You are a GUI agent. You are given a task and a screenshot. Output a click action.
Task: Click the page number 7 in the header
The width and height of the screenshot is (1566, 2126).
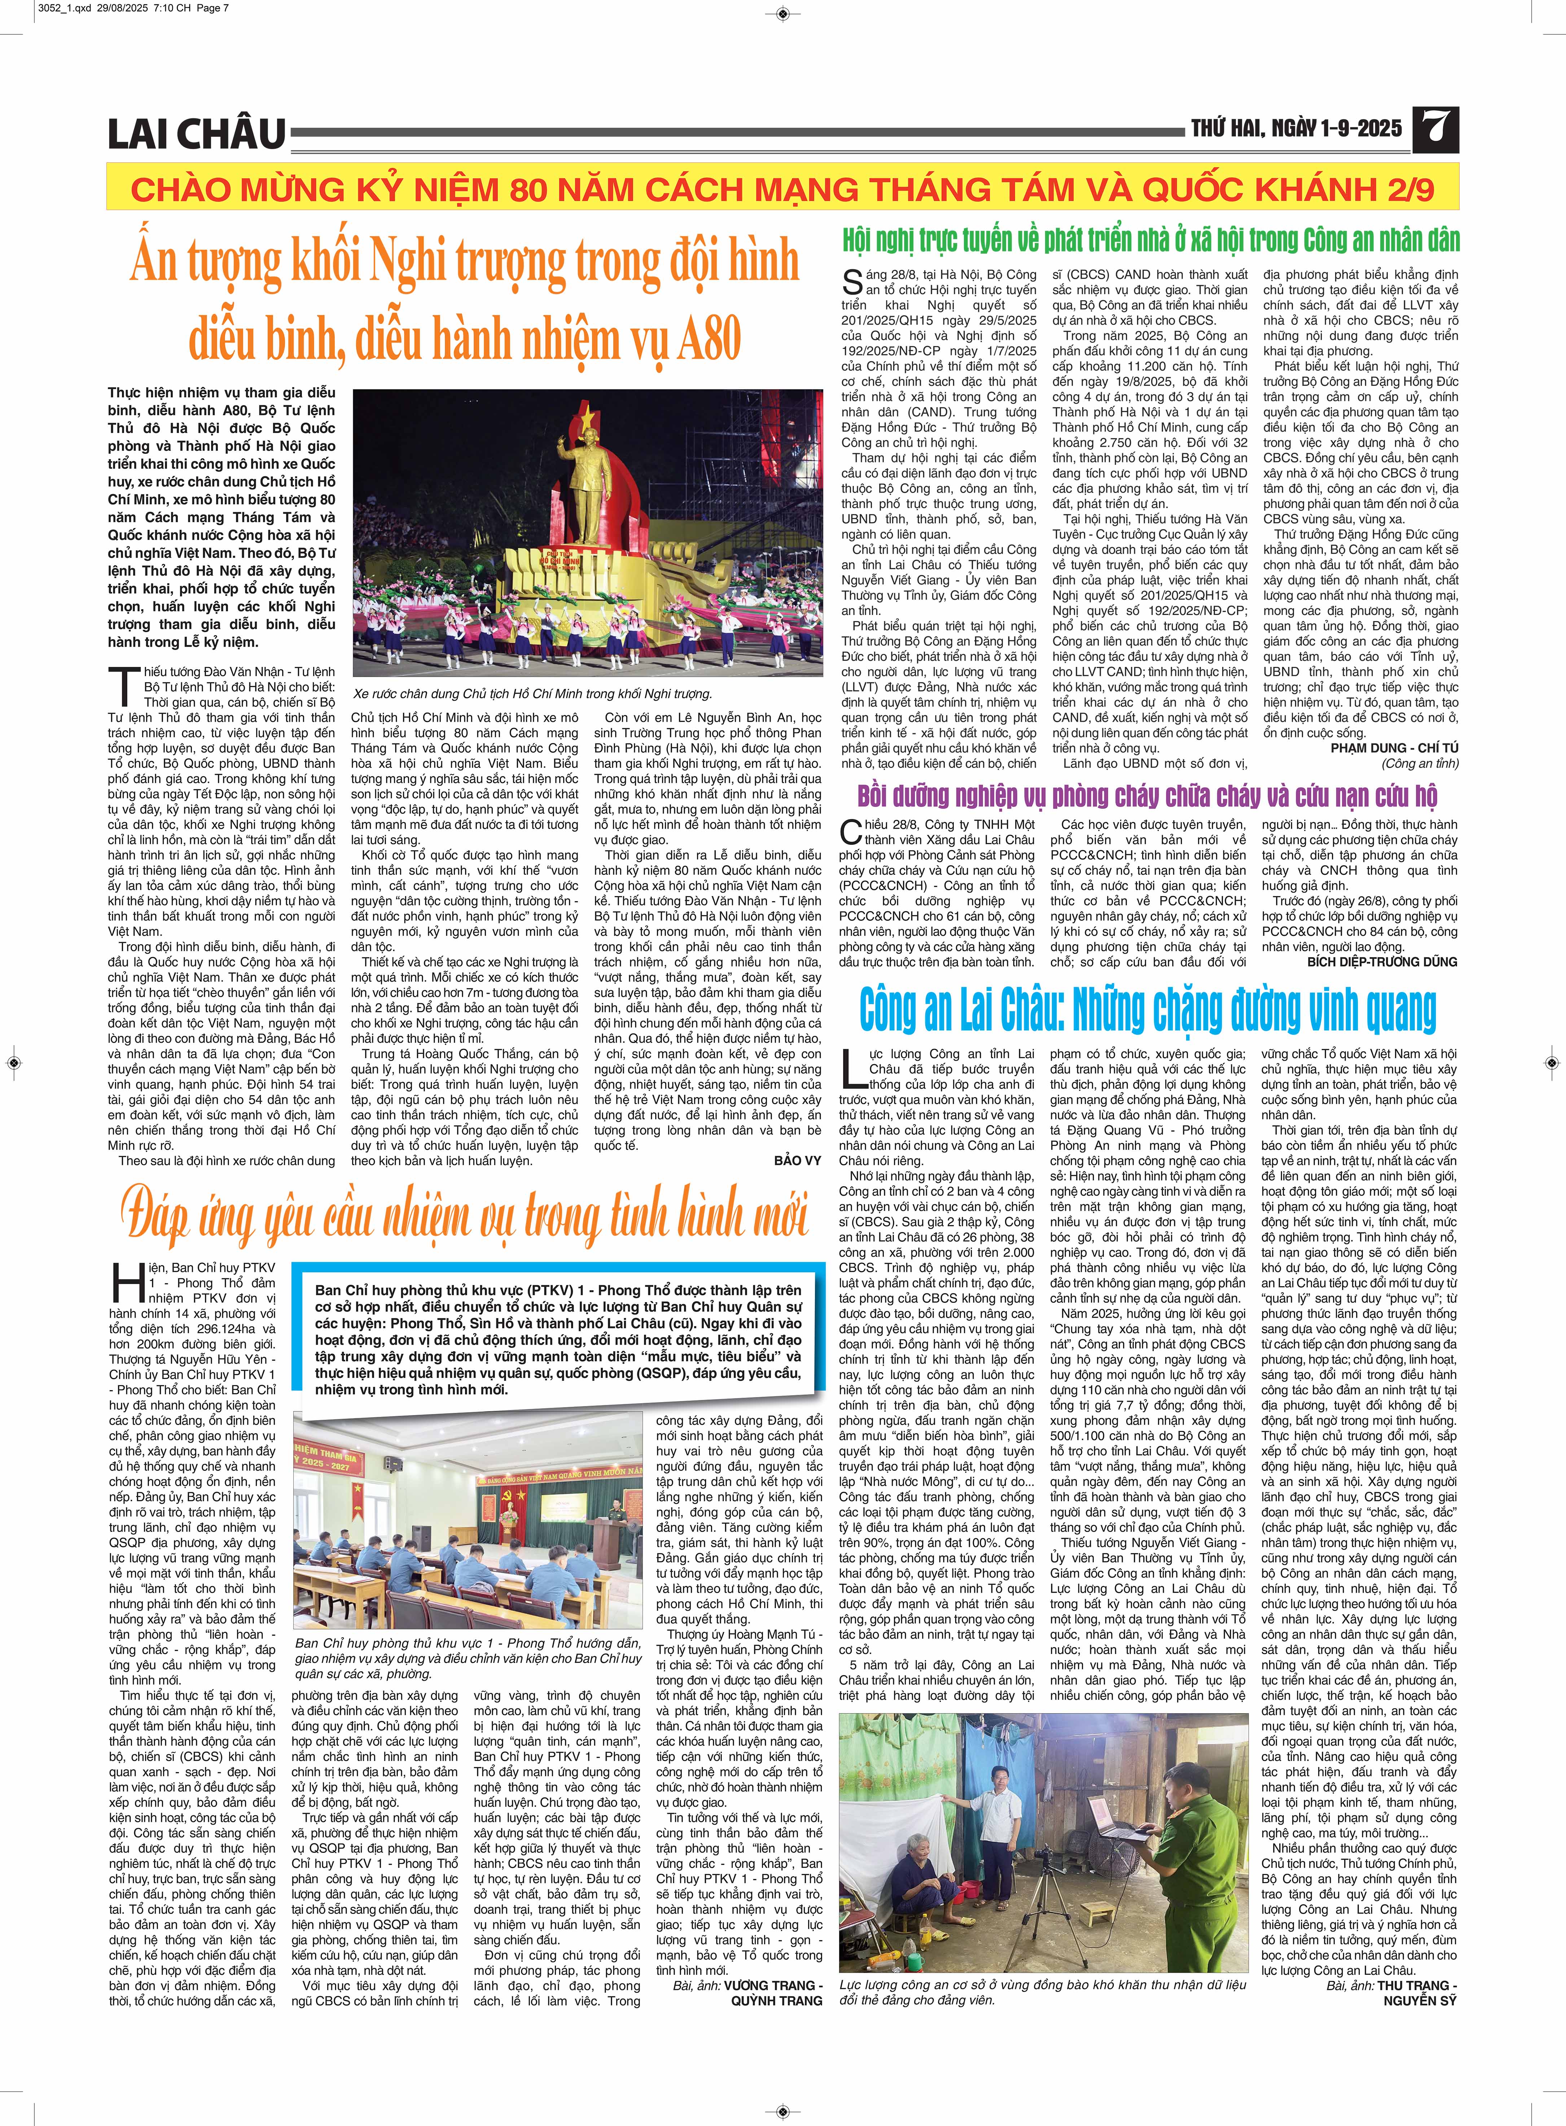(1436, 130)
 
